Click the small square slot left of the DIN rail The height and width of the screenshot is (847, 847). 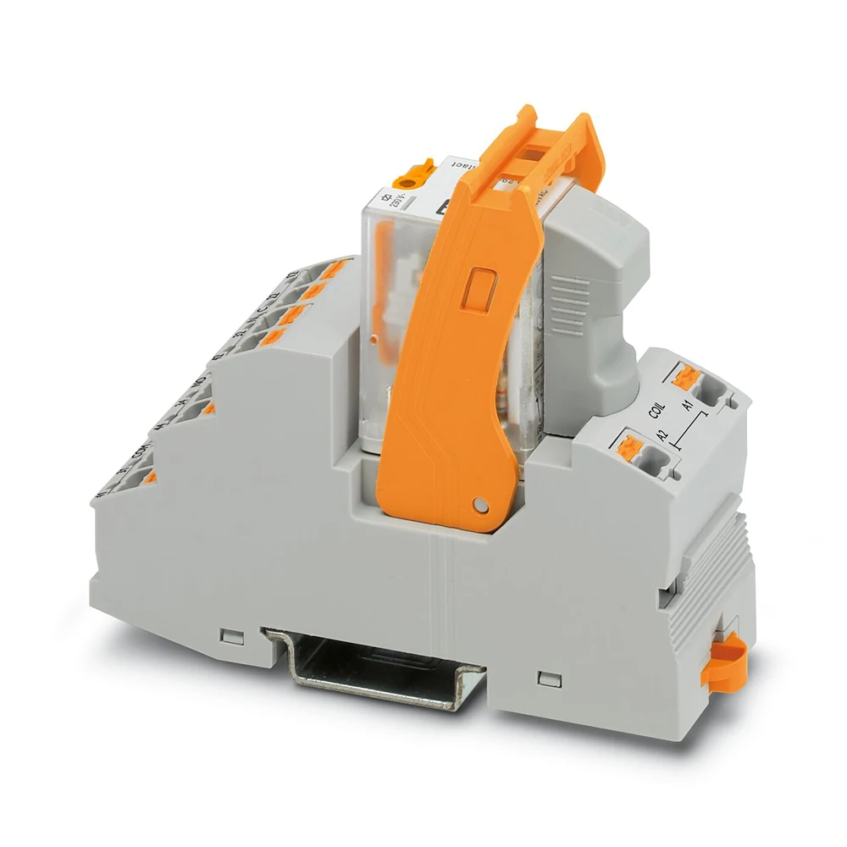(x=226, y=634)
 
